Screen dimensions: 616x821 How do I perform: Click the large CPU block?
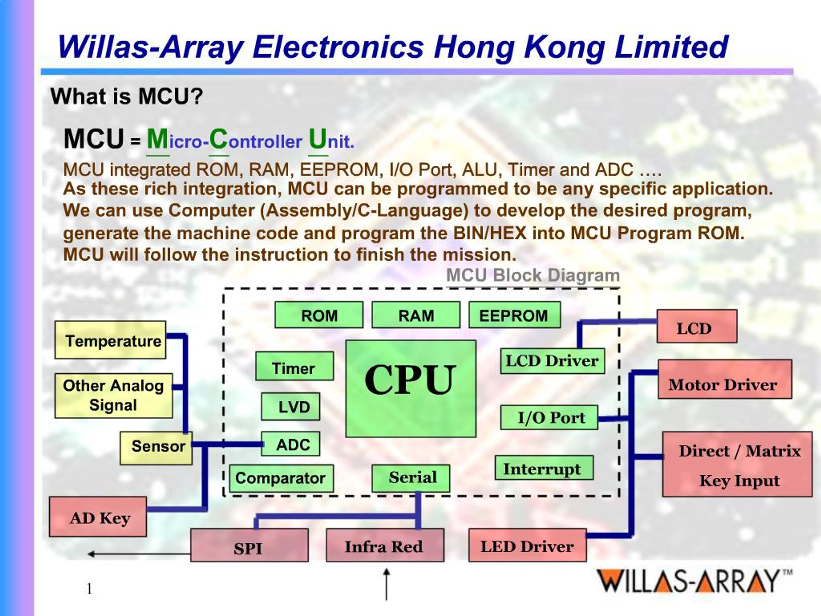pos(410,389)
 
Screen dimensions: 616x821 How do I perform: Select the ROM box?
pos(319,315)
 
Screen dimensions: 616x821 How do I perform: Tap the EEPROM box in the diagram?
pos(514,315)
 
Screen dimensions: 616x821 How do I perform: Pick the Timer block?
pos(294,366)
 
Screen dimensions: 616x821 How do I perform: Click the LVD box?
pos(291,406)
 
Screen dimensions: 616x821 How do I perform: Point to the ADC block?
pos(291,444)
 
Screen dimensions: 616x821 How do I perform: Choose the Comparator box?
pos(281,478)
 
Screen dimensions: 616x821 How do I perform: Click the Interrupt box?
pos(544,468)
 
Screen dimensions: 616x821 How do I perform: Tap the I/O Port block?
pos(549,417)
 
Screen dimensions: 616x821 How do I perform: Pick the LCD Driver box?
pos(552,361)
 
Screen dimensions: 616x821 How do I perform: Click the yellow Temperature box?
pos(111,340)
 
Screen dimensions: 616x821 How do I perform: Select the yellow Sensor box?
pos(156,448)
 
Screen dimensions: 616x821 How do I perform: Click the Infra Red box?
pos(385,545)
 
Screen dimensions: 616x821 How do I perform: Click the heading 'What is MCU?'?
pos(127,96)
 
